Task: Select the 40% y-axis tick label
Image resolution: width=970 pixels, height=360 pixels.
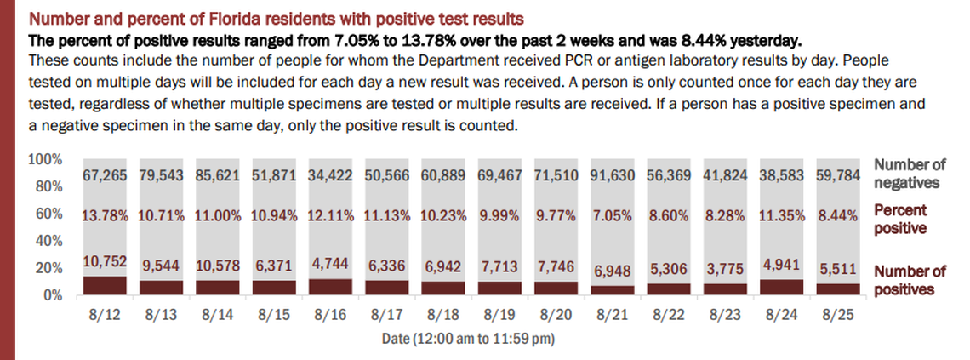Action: pos(48,241)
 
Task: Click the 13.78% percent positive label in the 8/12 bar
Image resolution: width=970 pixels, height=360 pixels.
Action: pos(106,214)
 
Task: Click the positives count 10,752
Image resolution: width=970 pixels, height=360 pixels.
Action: pos(106,264)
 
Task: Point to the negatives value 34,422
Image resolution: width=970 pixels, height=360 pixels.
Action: pos(330,174)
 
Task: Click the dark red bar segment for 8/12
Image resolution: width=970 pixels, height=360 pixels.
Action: pos(106,285)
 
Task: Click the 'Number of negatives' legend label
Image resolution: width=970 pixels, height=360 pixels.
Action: pos(910,173)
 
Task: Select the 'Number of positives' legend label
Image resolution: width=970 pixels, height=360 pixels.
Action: pos(910,281)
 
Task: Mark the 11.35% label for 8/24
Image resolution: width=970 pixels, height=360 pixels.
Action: pos(780,214)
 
